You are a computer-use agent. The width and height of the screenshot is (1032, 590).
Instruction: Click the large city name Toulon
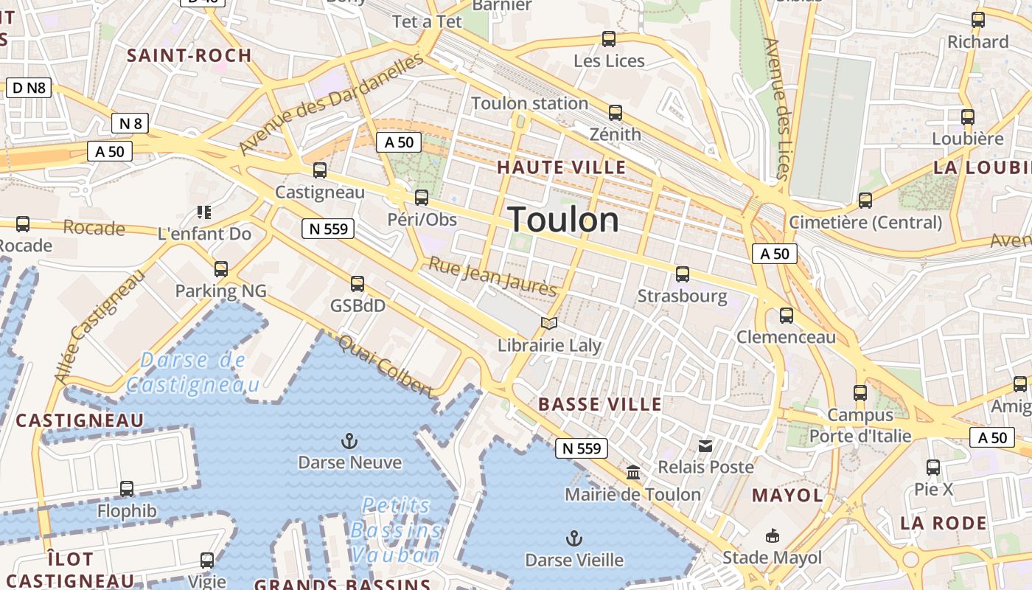[x=564, y=220]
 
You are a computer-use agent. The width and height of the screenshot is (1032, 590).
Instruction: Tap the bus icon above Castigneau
[x=320, y=170]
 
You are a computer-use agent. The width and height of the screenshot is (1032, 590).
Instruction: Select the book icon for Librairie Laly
[x=548, y=323]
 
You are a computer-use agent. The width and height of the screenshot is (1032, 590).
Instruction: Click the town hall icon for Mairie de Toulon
[x=633, y=472]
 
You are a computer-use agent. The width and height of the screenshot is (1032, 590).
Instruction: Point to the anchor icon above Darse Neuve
[x=349, y=441]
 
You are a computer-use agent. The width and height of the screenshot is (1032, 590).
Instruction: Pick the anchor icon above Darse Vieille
[x=573, y=538]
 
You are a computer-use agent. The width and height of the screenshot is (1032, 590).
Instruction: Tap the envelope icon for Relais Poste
[x=705, y=445]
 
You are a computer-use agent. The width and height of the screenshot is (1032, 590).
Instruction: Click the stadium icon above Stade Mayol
[x=772, y=535]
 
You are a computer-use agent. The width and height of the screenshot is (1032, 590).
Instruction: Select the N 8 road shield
[x=130, y=123]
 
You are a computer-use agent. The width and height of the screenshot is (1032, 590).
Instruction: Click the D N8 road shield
[x=29, y=88]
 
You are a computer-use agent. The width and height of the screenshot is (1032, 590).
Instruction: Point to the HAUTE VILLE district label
[x=561, y=167]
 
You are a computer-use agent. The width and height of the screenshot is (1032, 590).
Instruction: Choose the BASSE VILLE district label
[x=599, y=404]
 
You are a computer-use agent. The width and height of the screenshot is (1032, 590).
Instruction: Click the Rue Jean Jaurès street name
[x=492, y=277]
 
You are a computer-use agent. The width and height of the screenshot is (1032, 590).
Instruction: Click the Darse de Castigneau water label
[x=193, y=372]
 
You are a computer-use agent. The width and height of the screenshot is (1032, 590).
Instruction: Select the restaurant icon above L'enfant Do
[x=204, y=213]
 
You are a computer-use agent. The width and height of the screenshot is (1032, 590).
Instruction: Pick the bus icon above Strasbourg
[x=683, y=274]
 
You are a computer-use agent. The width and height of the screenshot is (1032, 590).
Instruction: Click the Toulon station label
[x=529, y=103]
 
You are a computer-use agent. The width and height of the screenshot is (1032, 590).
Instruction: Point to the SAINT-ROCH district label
[x=189, y=55]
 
